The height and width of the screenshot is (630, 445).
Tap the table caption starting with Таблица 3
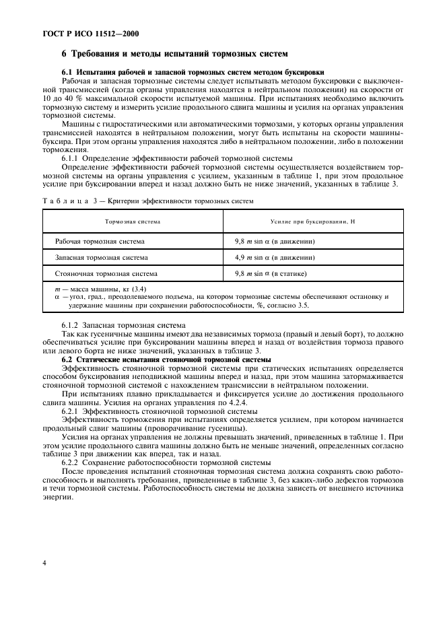[148, 201]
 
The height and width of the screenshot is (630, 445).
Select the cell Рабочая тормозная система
[100, 240]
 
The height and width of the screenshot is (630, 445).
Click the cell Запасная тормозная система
[102, 257]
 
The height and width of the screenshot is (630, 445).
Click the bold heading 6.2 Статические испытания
[156, 360]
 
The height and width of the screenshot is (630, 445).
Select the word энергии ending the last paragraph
[57, 496]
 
